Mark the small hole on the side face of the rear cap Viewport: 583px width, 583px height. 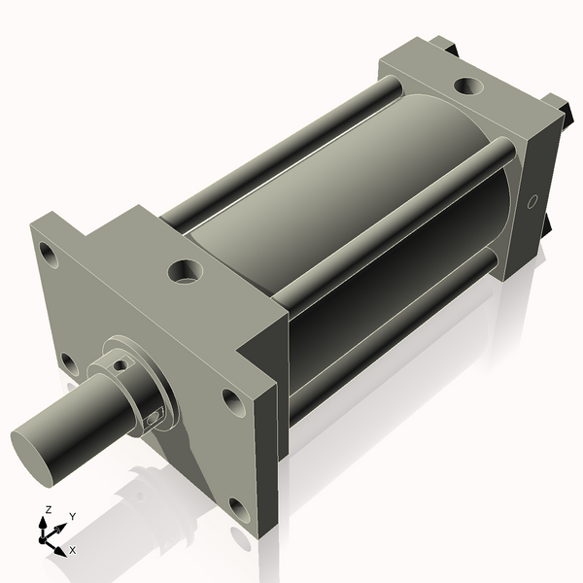click(x=531, y=202)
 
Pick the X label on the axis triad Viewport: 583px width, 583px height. click(x=73, y=550)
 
